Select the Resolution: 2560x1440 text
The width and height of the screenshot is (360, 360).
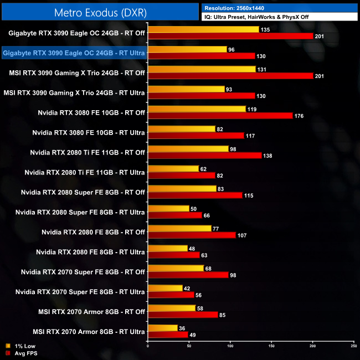(239, 8)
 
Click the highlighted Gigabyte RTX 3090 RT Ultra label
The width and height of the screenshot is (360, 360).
(74, 53)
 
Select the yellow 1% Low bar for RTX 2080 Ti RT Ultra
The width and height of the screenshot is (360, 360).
(173, 168)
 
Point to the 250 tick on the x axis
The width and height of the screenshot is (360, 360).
(353, 347)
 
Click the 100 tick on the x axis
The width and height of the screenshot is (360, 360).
(230, 347)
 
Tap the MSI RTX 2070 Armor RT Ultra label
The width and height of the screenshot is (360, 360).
(89, 332)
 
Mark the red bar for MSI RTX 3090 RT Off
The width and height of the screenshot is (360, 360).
(230, 76)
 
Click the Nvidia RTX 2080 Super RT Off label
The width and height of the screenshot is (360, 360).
(83, 192)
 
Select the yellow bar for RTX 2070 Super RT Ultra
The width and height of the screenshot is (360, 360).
(165, 288)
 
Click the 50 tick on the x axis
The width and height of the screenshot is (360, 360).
(189, 347)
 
